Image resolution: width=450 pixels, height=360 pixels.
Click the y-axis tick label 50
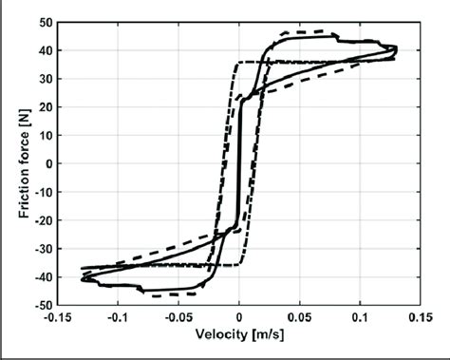(x=45, y=22)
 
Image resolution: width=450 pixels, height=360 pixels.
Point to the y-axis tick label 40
(x=45, y=50)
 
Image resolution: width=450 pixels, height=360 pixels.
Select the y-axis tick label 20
(x=45, y=106)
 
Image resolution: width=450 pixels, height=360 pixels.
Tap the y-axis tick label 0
(x=47, y=163)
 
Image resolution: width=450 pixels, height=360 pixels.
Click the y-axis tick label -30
(x=42, y=248)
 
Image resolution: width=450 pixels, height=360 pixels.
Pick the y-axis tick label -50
(x=42, y=304)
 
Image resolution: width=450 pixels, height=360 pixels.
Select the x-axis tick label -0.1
(x=117, y=320)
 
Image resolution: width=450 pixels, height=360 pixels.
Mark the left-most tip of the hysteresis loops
(x=82, y=278)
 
